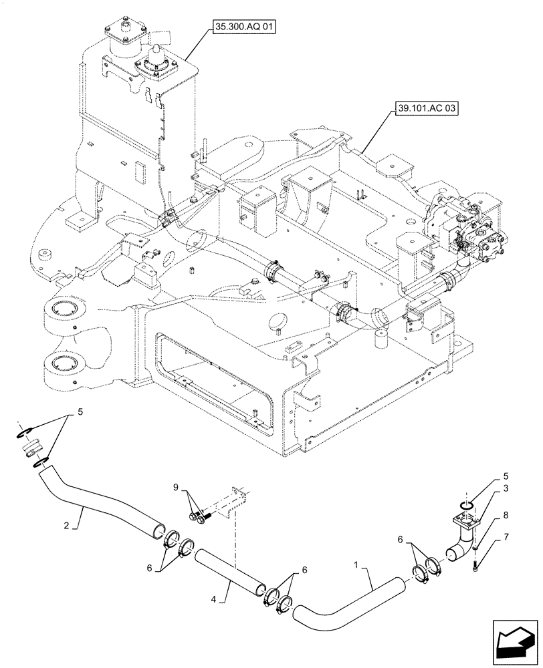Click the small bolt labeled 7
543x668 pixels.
475,566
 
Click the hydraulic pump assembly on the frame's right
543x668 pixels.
465,227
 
